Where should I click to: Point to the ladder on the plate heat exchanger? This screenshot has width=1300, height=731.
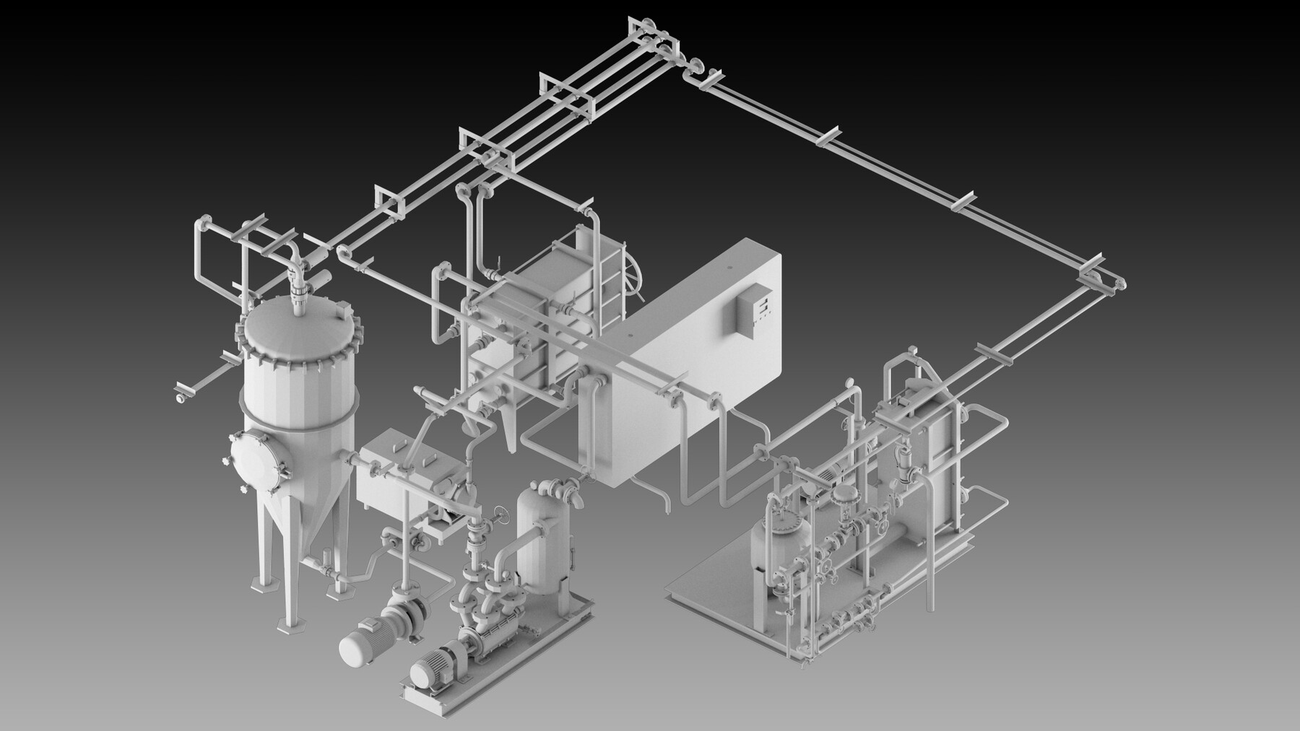(610, 278)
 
